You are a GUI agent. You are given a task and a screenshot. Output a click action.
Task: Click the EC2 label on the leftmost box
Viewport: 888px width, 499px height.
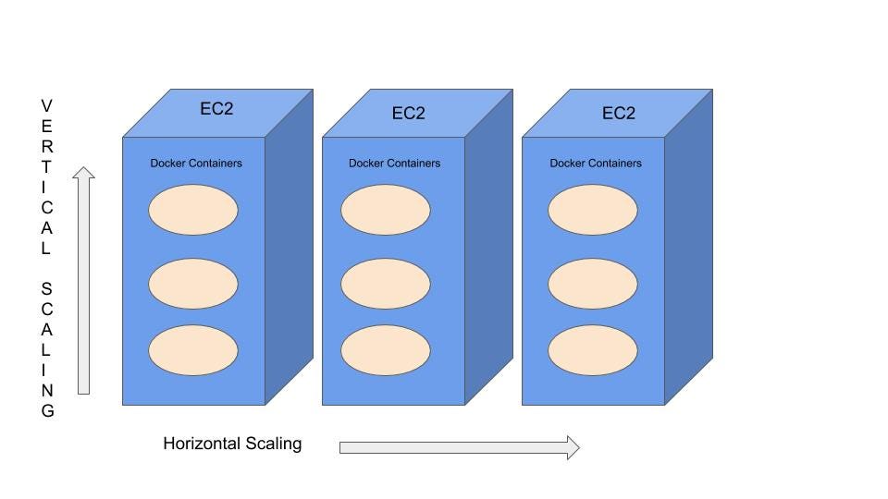[x=216, y=109]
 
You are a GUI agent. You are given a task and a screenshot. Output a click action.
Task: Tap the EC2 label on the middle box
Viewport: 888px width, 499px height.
[x=408, y=114]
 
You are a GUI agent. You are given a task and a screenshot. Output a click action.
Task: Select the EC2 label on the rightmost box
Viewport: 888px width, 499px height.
[x=619, y=114]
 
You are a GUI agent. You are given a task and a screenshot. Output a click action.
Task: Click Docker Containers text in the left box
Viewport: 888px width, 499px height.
[x=196, y=164]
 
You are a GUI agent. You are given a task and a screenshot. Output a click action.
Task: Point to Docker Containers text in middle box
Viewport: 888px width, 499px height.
[x=394, y=164]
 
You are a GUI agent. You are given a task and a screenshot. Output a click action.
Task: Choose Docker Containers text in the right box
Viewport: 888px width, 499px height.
[x=596, y=164]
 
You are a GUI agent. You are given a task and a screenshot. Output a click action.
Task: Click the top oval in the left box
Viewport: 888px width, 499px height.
[x=193, y=210]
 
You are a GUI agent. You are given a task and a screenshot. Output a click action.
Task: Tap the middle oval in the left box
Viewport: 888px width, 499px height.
[x=193, y=284]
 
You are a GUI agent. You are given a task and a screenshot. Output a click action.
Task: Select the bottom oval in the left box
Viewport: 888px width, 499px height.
[x=193, y=350]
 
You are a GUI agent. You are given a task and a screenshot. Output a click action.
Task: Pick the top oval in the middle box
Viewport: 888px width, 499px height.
[x=385, y=210]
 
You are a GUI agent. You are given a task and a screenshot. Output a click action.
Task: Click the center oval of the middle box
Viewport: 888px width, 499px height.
[x=385, y=284]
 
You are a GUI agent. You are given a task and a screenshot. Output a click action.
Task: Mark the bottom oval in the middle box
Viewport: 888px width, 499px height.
[x=385, y=350]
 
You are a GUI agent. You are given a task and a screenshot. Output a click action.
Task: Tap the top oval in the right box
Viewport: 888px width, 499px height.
[x=592, y=210]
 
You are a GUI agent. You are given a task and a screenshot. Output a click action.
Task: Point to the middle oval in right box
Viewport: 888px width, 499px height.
[x=592, y=284]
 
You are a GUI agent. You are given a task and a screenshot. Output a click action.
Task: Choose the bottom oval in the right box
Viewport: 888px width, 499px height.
[x=592, y=350]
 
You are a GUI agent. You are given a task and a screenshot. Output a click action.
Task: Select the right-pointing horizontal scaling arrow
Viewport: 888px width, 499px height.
[x=459, y=448]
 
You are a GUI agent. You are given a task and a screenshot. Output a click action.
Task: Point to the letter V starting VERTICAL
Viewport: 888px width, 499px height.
[x=46, y=106]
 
